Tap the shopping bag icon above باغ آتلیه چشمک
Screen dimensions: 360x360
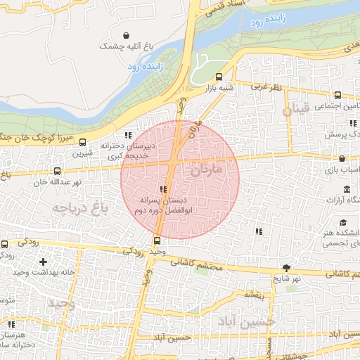(126, 35)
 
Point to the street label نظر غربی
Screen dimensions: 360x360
(266, 87)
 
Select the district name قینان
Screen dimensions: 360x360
(296, 110)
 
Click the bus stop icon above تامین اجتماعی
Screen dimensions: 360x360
(338, 95)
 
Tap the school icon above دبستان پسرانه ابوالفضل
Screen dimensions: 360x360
(164, 189)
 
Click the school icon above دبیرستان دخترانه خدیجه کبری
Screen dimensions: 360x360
(127, 135)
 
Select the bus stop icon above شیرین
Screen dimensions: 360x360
(84, 141)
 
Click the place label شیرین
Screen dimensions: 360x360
(84, 152)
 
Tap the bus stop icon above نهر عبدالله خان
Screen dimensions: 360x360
(57, 170)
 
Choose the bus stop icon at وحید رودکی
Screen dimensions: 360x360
(156, 240)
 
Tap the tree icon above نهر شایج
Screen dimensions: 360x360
(286, 267)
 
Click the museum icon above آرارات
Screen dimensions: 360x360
(347, 189)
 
